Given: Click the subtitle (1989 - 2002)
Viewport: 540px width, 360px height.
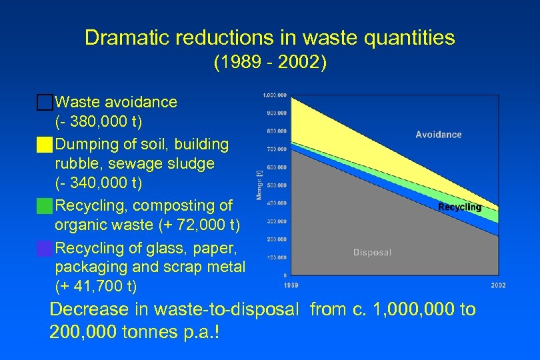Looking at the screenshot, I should coord(269,63).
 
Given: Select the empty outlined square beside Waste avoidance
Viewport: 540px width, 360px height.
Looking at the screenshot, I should coord(45,103).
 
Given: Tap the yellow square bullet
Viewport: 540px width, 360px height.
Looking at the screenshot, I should coord(45,145).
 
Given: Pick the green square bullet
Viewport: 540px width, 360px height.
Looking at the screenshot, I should coord(45,206).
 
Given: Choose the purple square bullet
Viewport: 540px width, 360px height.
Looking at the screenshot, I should coord(45,249).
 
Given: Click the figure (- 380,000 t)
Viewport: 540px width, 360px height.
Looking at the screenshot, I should coord(99,123).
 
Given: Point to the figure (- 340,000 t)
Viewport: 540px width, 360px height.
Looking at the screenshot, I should coord(99,183).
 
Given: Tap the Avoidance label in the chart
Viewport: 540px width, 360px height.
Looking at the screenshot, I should coord(438,135).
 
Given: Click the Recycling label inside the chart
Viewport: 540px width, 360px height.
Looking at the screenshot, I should coord(459,207).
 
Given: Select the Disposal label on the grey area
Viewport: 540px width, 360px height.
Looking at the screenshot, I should coord(372,253).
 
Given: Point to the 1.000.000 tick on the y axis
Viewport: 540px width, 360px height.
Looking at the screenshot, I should coord(275,95).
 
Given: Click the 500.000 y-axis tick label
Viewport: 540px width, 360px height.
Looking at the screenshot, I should coord(277,185).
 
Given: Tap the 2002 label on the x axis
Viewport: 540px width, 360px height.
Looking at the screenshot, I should coord(498,285).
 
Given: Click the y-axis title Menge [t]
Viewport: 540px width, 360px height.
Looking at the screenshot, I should coord(258,185).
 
